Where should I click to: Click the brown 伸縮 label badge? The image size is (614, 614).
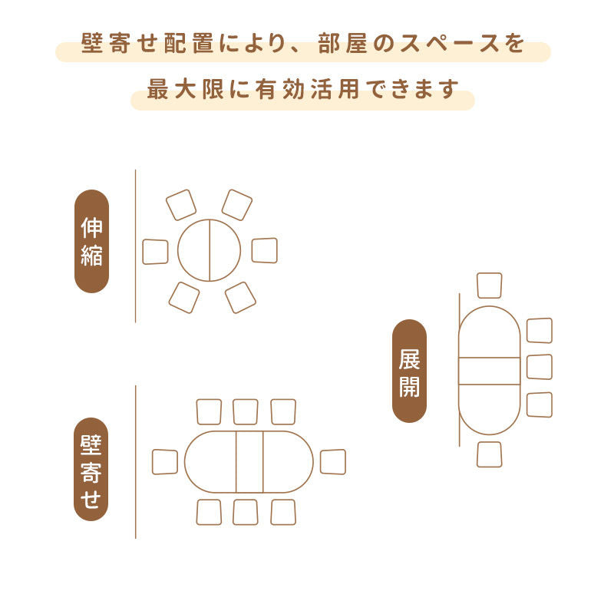tap(91, 241)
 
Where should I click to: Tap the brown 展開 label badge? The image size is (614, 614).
tap(409, 371)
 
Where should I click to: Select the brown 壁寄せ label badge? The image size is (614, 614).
tap(91, 469)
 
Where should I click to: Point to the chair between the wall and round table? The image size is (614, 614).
tap(156, 252)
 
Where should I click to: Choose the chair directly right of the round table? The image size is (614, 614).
tap(264, 250)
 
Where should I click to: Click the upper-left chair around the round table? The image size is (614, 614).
tap(181, 205)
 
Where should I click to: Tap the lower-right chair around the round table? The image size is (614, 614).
tap(240, 298)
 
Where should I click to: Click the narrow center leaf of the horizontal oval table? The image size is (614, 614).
tap(249, 462)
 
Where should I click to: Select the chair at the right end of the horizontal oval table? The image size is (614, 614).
tap(333, 462)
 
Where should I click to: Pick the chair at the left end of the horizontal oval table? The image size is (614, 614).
tap(165, 462)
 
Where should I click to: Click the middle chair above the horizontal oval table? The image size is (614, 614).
tap(246, 411)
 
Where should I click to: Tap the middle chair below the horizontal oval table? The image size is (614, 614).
tap(246, 512)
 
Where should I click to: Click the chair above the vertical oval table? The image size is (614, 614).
tap(490, 286)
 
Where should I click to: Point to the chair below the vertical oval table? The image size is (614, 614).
tap(490, 454)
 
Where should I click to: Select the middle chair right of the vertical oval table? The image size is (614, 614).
tap(540, 367)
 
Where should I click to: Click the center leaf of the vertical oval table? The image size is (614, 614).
tap(490, 371)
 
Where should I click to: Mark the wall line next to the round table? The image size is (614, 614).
tap(136, 246)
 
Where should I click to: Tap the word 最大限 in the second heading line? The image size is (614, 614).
tap(185, 89)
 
